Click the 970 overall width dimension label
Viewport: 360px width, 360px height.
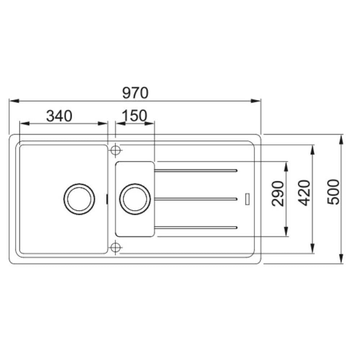(135, 93)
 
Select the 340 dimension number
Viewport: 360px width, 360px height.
(59, 116)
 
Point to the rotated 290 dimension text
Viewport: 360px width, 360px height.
(278, 194)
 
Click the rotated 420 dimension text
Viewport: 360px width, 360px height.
(304, 193)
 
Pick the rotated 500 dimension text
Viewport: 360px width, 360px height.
(333, 192)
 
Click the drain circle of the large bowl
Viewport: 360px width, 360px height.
(79, 199)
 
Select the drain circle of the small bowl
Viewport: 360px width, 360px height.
(135, 199)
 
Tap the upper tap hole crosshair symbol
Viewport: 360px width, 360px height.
(115, 150)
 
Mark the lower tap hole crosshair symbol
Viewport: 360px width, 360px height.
(115, 248)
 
